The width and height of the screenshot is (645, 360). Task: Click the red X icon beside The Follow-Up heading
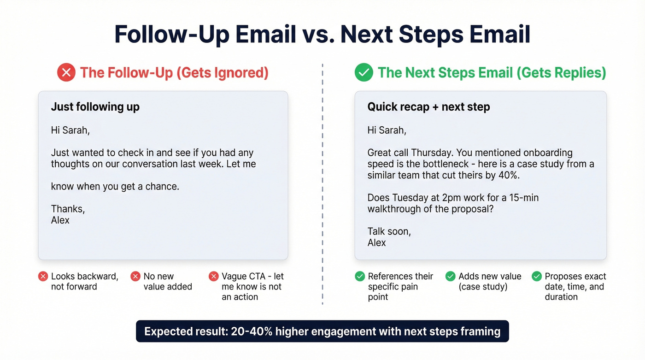[66, 73]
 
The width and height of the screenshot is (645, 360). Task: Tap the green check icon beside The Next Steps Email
[364, 73]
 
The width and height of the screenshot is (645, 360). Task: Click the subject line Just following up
[95, 107]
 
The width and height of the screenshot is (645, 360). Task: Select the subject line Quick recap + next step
[428, 107]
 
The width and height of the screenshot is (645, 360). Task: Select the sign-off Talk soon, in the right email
[389, 231]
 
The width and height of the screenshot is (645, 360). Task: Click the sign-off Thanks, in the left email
[68, 209]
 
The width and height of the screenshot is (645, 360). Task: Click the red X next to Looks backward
[43, 277]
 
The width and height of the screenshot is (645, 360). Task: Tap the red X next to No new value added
[135, 277]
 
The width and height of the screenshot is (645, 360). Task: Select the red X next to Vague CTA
[213, 277]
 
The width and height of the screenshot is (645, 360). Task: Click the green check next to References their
[360, 277]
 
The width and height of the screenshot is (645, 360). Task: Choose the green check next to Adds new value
[450, 277]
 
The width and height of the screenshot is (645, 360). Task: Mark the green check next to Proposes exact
[537, 277]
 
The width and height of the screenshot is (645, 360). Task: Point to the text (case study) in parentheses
[483, 287]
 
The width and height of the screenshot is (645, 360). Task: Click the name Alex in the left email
[60, 220]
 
